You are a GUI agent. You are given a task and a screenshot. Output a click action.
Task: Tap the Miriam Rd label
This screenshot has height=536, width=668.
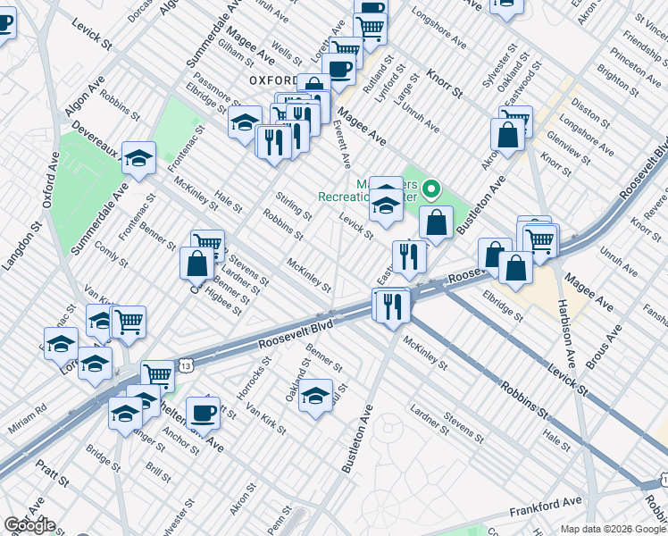click(x=29, y=409)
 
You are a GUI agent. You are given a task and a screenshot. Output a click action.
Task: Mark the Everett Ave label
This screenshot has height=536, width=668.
click(x=342, y=145)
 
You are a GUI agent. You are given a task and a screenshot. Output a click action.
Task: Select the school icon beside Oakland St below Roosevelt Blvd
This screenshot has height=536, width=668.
click(x=315, y=397)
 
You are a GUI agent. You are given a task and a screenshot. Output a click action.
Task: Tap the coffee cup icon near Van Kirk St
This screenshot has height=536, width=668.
click(x=203, y=412)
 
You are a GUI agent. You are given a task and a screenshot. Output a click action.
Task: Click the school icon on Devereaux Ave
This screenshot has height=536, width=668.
click(x=138, y=158)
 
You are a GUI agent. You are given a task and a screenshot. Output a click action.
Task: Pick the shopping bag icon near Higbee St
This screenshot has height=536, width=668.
click(x=196, y=263)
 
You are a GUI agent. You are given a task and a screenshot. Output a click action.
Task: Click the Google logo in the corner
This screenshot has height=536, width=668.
click(x=29, y=525)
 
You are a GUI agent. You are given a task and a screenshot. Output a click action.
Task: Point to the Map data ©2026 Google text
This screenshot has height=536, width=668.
click(x=612, y=529)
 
